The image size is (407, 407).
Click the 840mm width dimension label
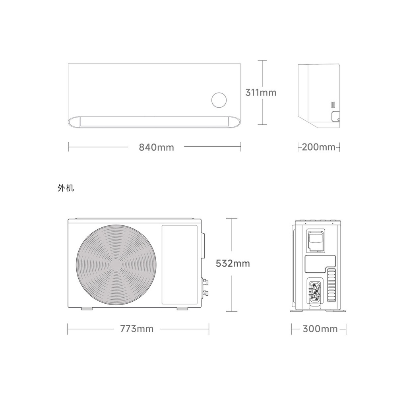pyautogui.click(x=156, y=147)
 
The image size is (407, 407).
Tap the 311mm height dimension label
pyautogui.click(x=261, y=93)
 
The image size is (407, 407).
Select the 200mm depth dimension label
pyautogui.click(x=319, y=147)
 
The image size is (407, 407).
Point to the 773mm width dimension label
pyautogui.click(x=137, y=329)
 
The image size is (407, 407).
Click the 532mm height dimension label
pyautogui.click(x=233, y=263)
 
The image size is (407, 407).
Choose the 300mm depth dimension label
pyautogui.click(x=320, y=329)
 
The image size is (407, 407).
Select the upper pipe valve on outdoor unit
pyautogui.click(x=205, y=282)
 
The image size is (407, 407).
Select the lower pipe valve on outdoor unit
pyautogui.click(x=205, y=293)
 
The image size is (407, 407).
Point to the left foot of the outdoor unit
pyautogui.click(x=86, y=308)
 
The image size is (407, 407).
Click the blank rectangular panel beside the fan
pyautogui.click(x=179, y=264)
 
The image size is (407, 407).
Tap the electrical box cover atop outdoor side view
pyautogui.click(x=316, y=240)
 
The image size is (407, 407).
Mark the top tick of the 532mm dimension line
pyautogui.click(x=232, y=219)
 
